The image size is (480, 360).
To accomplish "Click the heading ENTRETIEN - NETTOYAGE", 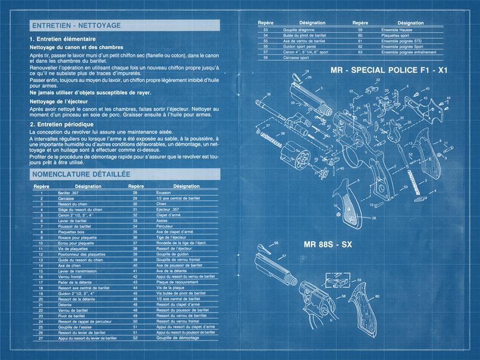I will (x=76, y=25).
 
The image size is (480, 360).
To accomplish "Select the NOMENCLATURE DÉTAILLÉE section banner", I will (x=81, y=175).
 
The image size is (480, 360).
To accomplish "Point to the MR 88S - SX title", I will (x=328, y=244).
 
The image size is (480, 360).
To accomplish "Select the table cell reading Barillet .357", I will (x=69, y=193).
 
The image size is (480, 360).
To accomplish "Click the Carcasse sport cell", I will (x=286, y=58).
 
